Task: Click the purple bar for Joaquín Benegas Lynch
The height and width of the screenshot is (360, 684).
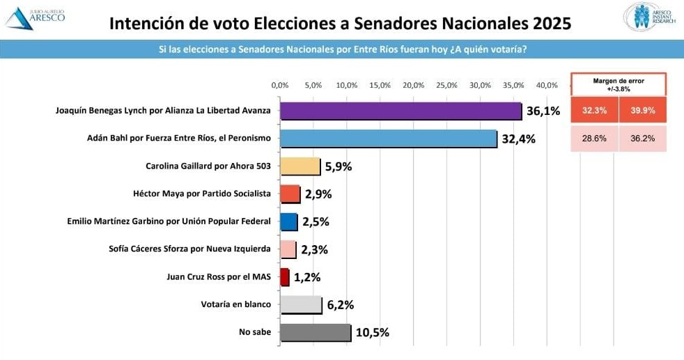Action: pos(401,111)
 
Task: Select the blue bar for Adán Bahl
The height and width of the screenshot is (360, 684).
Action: pos(388,139)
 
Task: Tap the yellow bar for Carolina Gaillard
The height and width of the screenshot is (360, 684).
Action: pos(300,166)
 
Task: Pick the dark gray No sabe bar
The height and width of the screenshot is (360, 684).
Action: pos(315,332)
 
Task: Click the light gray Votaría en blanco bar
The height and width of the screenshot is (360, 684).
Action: pos(301,304)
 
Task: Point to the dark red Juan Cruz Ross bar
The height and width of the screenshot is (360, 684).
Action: pos(284,277)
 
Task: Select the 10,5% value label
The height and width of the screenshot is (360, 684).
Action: pos(372,333)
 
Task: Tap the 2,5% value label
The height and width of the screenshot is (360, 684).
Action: pos(316,222)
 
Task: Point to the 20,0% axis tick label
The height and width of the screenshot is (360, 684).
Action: pos(414,85)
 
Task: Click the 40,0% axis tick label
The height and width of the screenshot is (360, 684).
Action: pos(547,85)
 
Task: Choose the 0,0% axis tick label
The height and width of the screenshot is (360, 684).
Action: pos(279,85)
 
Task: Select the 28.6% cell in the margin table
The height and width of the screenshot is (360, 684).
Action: pos(594,139)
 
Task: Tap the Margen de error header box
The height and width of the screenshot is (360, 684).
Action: pos(619,84)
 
